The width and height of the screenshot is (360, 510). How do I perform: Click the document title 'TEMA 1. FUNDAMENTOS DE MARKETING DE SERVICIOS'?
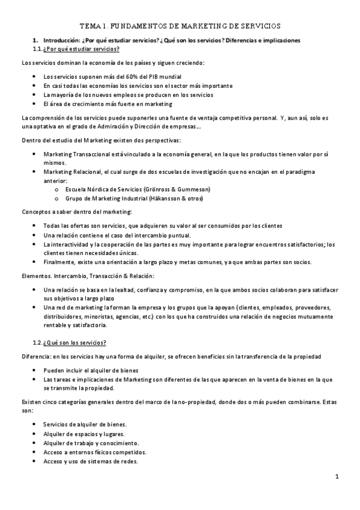pyautogui.click(x=180, y=26)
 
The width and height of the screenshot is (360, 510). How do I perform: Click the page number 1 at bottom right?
pyautogui.click(x=338, y=476)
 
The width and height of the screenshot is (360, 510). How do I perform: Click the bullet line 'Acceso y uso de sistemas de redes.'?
pyautogui.click(x=91, y=461)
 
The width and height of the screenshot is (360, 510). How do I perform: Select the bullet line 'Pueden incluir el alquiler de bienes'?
pyautogui.click(x=91, y=370)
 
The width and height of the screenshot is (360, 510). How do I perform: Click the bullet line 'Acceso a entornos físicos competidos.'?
pyautogui.click(x=95, y=452)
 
